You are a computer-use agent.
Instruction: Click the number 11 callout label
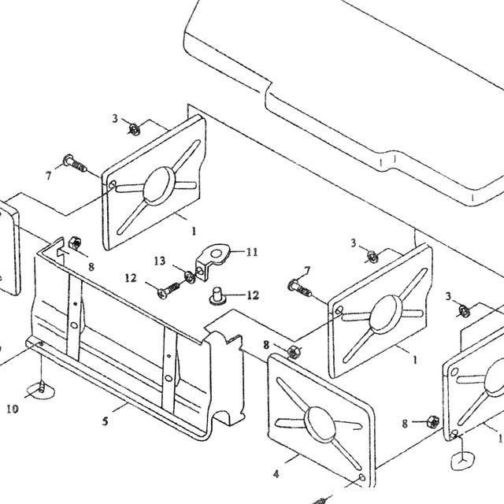252,252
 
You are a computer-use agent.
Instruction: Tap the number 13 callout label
159,261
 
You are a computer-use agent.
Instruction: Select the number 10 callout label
13,409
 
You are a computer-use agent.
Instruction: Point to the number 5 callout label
105,421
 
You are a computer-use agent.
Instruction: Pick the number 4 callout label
276,474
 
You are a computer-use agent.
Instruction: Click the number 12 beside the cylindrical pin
253,295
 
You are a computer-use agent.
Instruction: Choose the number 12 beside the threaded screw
131,278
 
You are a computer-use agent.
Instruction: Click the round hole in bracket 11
216,254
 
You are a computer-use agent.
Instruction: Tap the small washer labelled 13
189,276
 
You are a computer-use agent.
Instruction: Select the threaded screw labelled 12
169,290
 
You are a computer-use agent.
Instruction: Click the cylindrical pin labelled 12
217,296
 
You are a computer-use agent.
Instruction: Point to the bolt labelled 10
41,387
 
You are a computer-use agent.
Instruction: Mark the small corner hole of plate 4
362,477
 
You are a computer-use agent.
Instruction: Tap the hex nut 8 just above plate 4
293,351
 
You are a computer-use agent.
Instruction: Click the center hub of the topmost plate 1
159,186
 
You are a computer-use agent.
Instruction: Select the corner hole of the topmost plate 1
112,185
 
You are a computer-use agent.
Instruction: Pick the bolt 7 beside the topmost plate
75,163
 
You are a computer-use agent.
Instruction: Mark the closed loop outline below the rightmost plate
462,461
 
